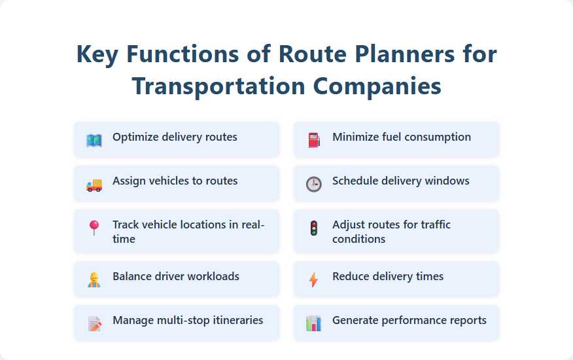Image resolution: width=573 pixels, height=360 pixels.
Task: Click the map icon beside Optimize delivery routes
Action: tap(94, 140)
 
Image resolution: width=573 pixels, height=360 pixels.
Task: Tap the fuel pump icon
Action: tap(314, 140)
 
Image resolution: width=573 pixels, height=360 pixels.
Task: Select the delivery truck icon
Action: tap(94, 185)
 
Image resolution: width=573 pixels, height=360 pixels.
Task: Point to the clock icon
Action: tap(314, 184)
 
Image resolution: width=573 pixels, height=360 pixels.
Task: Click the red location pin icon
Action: tap(94, 228)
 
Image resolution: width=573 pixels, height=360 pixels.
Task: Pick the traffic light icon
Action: tap(314, 228)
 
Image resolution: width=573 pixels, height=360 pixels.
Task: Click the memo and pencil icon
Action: tap(94, 323)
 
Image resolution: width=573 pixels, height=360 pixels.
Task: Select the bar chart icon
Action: tap(314, 323)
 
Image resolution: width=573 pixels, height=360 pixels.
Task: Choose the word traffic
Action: tap(432, 225)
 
